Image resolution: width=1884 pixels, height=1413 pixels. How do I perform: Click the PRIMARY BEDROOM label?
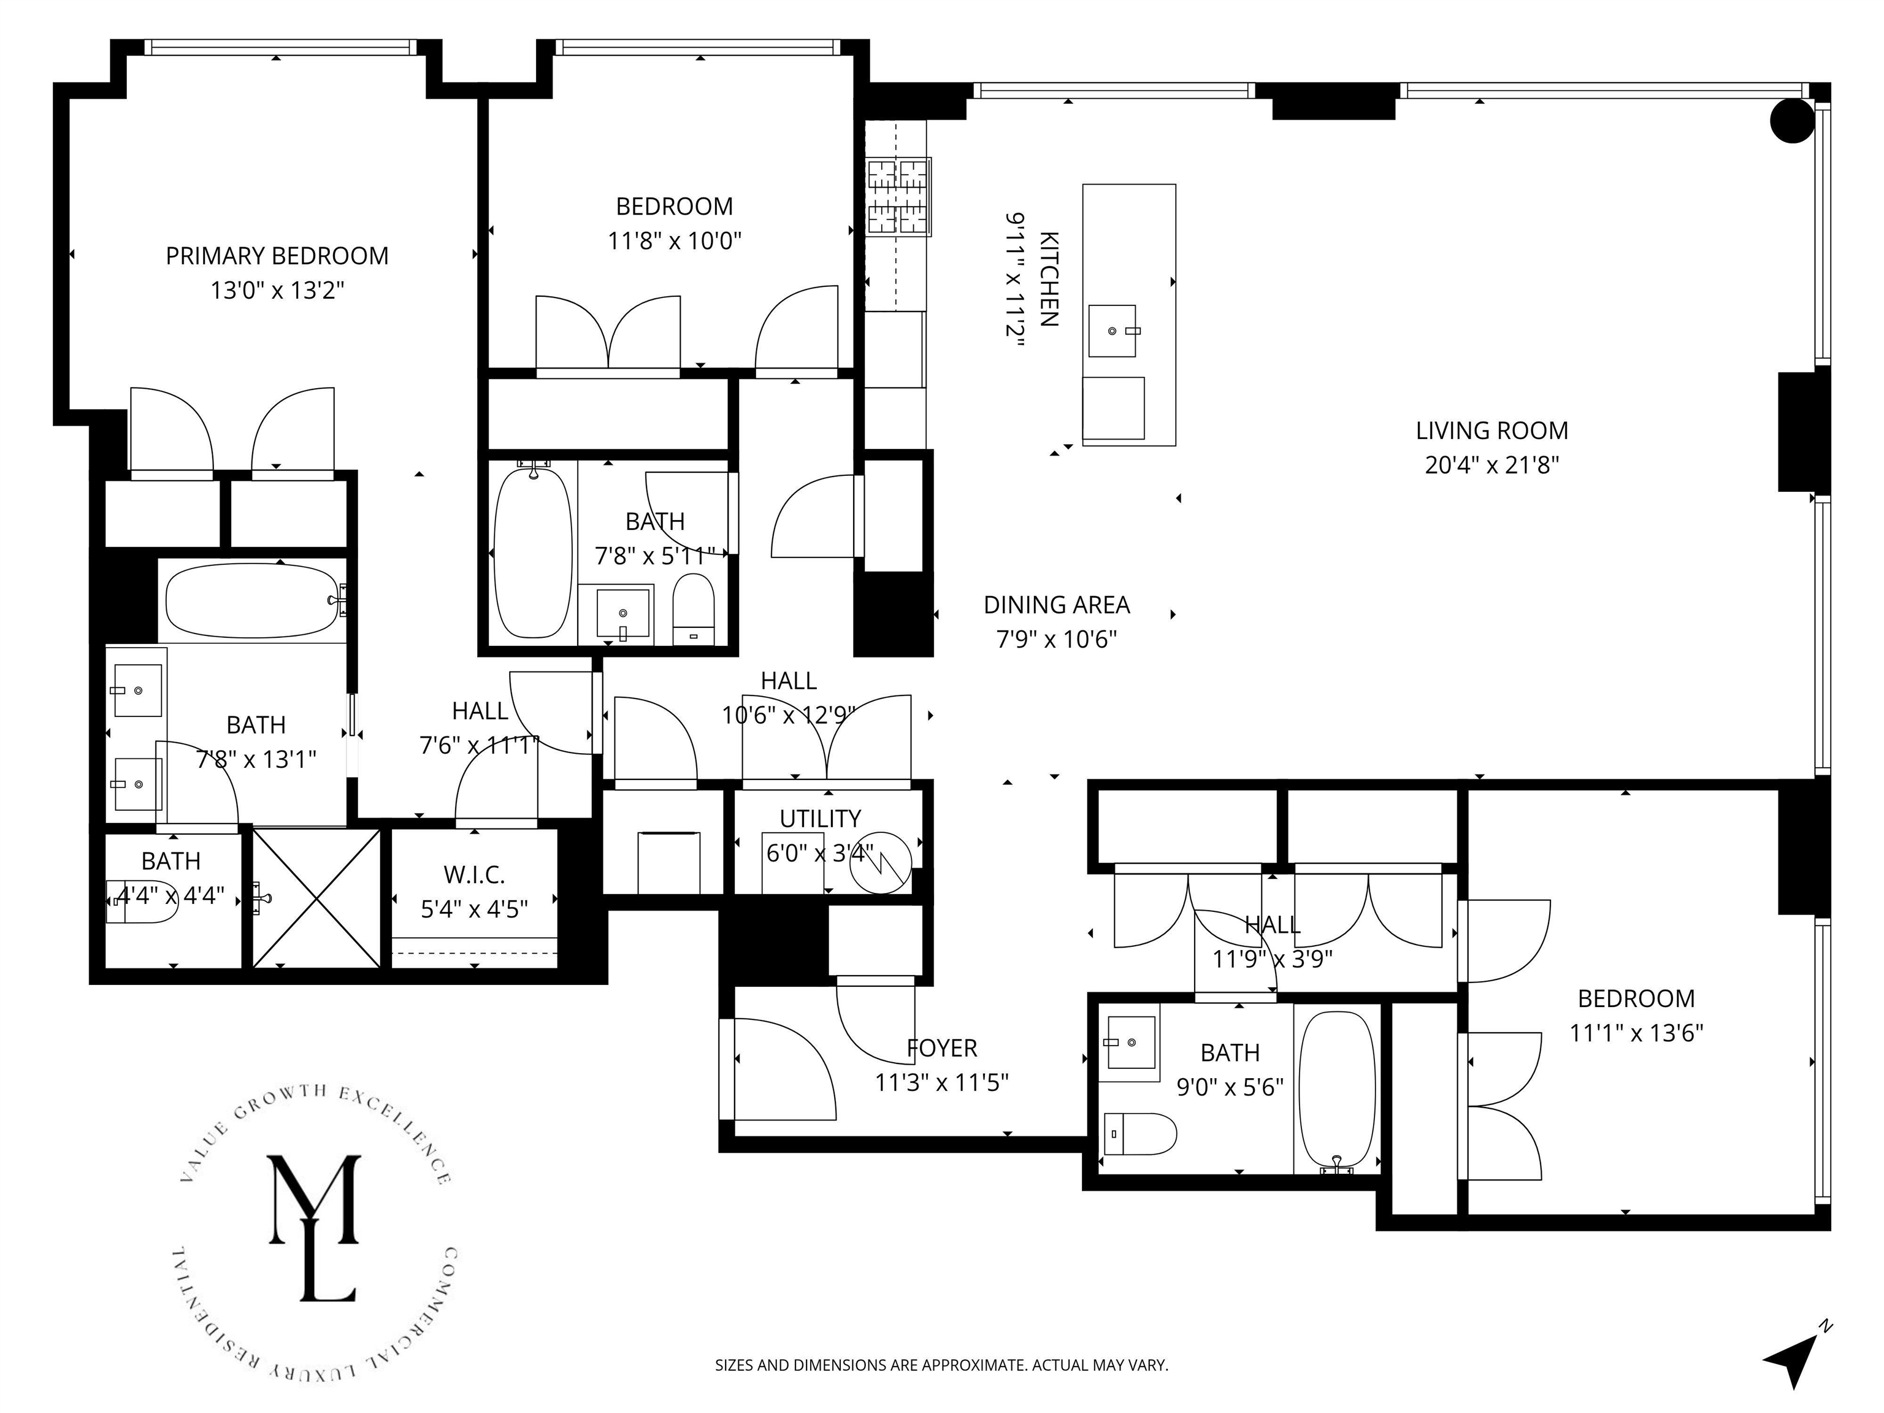tap(277, 256)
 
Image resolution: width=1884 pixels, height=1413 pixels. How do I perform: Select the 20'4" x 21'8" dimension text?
tap(1491, 465)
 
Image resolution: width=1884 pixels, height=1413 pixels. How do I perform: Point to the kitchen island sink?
tap(1112, 331)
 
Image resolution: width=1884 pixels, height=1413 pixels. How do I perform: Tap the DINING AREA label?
tap(1056, 605)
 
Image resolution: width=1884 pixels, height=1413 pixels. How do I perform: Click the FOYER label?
tap(942, 1047)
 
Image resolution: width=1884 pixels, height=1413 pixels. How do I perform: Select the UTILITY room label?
tap(820, 819)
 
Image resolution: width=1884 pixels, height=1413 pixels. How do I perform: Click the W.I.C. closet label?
tap(475, 874)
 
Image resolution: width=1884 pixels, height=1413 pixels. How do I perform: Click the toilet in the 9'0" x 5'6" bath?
tap(1141, 1133)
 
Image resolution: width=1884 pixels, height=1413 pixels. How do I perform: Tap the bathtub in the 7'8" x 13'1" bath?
tap(253, 601)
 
